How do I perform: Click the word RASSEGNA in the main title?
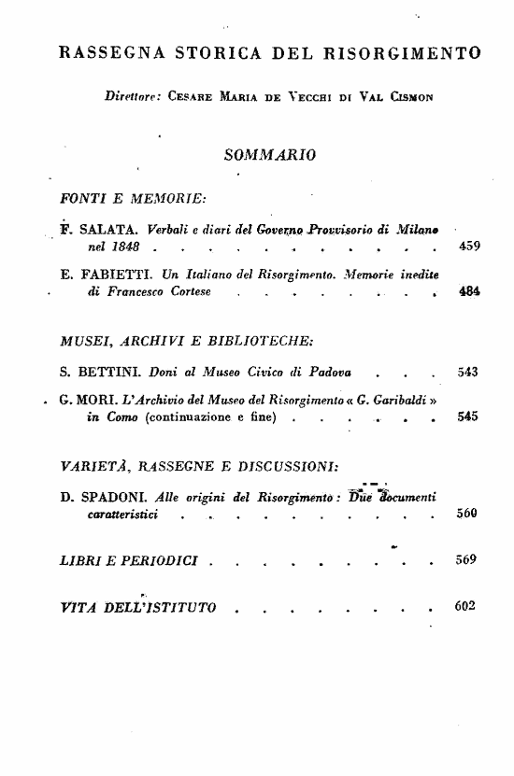point(106,53)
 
